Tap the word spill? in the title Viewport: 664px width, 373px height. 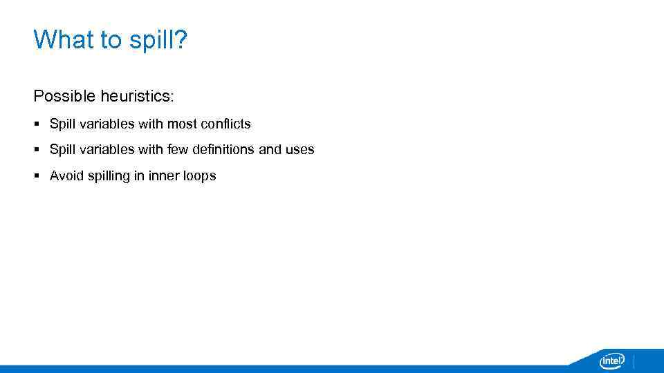coord(157,41)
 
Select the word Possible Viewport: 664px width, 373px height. coord(64,95)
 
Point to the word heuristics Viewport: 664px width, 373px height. coord(137,95)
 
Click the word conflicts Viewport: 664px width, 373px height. coord(225,124)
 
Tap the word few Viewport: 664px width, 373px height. coord(178,149)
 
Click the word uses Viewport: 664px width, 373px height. coord(300,149)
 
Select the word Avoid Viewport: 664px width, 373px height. coord(67,175)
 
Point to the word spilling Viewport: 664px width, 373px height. coord(109,176)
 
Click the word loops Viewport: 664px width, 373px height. coord(200,176)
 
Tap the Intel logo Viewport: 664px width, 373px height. coord(611,360)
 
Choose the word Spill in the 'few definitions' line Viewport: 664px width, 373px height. coord(62,149)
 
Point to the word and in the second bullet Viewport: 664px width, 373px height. coord(270,149)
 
